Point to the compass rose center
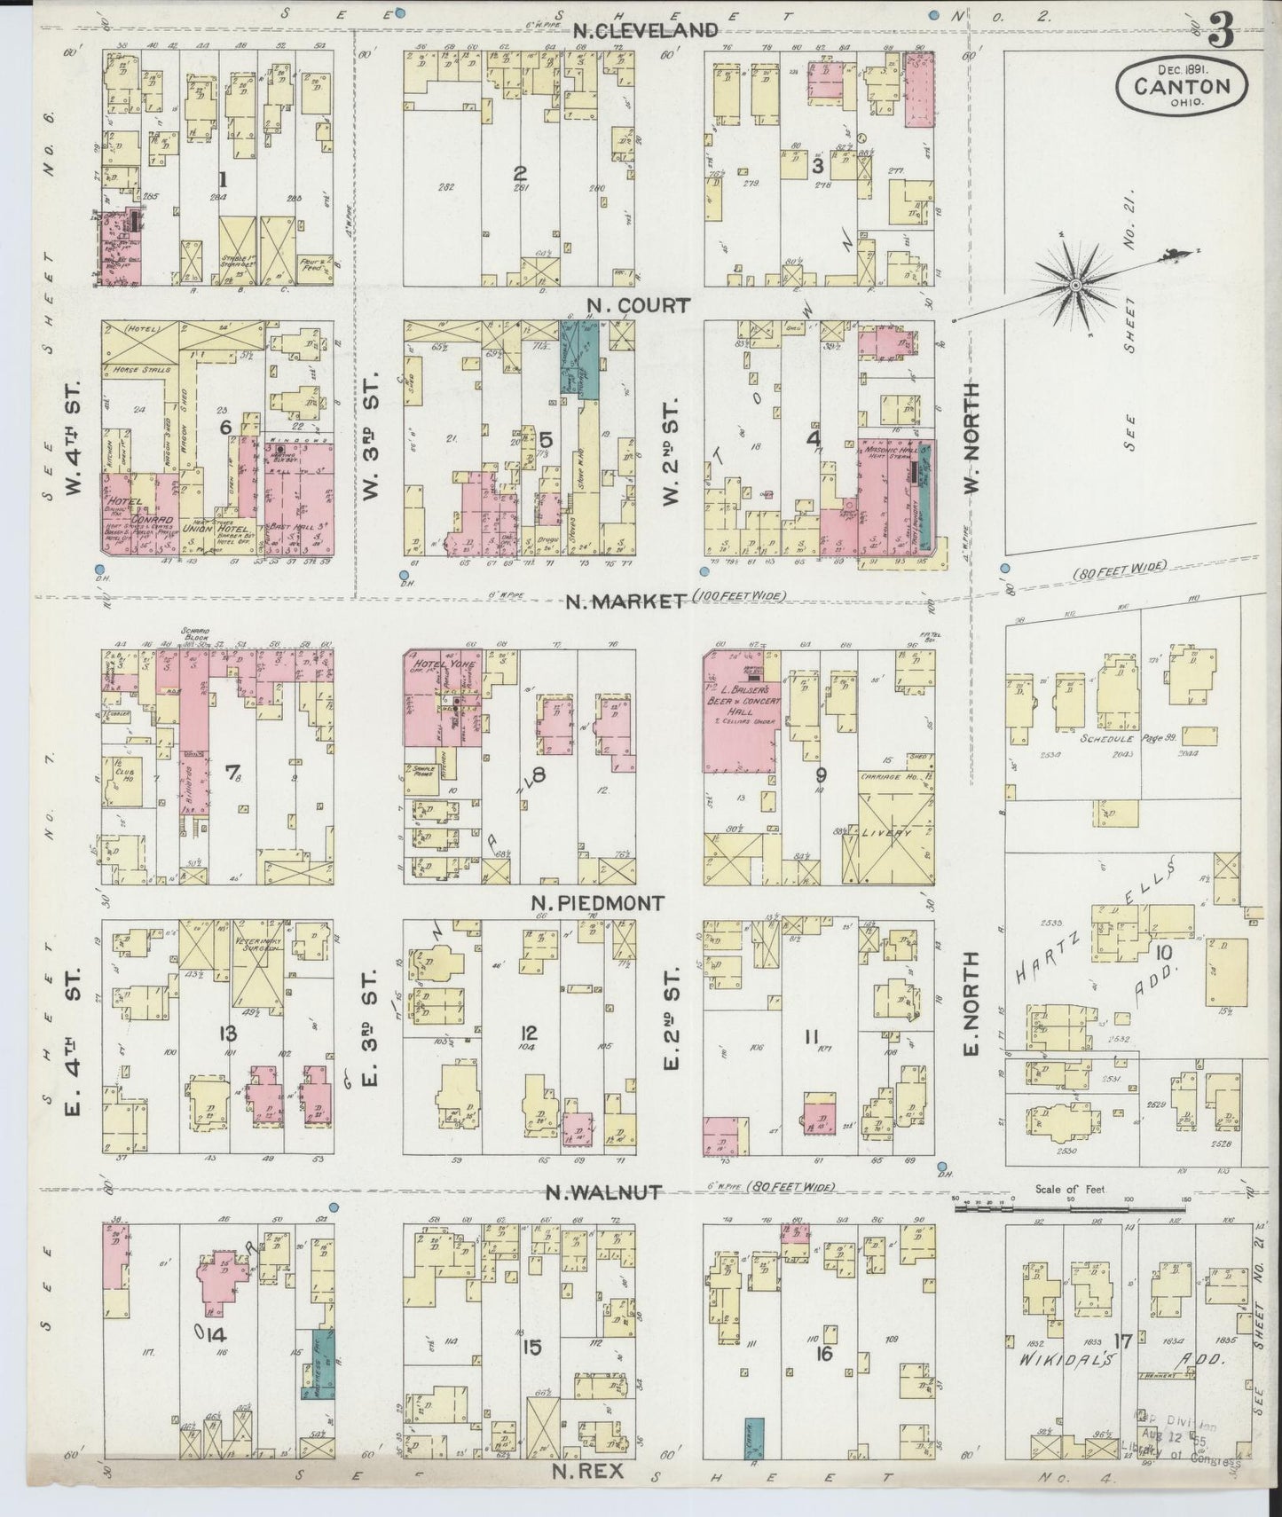tap(1074, 286)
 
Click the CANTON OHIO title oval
tap(1184, 87)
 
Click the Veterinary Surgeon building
tap(258, 967)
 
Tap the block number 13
tap(229, 1033)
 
